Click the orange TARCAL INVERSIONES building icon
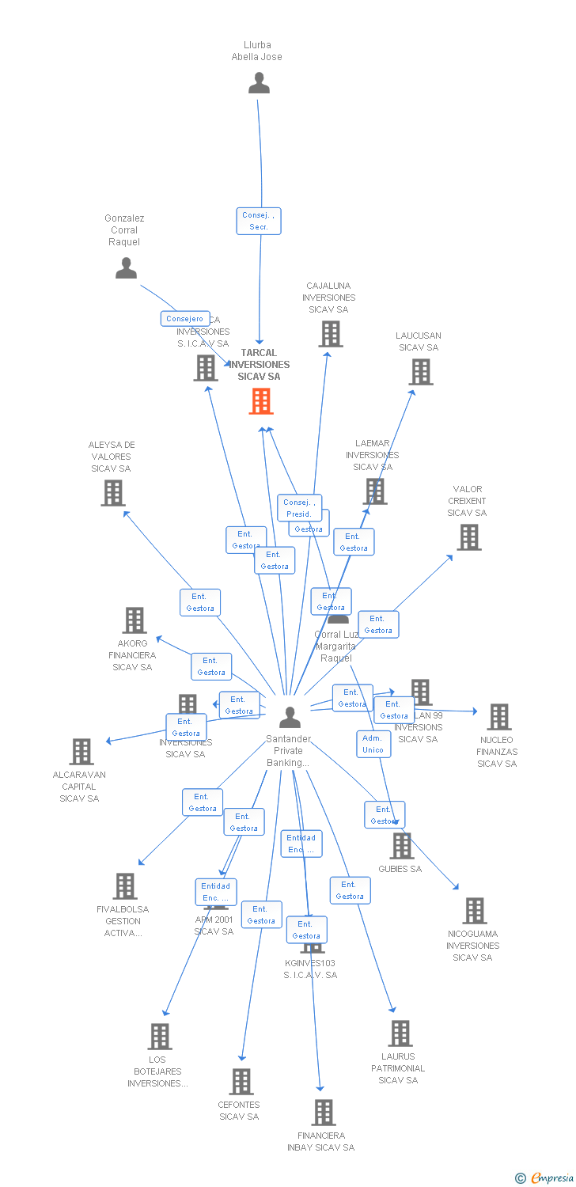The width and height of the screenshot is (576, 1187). coord(261,401)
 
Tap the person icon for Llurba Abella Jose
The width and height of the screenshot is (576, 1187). coord(259,83)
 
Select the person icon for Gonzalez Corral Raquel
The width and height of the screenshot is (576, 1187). coord(126,269)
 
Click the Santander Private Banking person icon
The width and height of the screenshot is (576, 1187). coord(290,717)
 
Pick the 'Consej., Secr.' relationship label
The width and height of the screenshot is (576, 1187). coord(259,221)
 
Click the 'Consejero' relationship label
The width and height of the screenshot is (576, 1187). coord(185,319)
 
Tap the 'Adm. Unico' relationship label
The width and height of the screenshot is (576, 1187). coord(373,744)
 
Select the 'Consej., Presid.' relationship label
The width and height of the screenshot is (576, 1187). coord(299,508)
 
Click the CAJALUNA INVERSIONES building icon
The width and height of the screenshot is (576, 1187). coord(331,334)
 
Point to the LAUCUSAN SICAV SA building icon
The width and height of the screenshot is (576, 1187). coord(421,372)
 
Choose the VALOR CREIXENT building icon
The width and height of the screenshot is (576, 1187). coord(469,537)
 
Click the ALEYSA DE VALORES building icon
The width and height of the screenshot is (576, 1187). coord(113,493)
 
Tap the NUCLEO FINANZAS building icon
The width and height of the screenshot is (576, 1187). coord(498,717)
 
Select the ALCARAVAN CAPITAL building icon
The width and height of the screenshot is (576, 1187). coord(81,752)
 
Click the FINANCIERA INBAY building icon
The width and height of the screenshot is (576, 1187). coord(323,1113)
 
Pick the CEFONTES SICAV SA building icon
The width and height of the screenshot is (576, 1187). coord(241,1082)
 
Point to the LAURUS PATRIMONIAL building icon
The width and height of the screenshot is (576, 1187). coord(400,1033)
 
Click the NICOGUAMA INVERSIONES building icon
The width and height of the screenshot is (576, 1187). coord(474,911)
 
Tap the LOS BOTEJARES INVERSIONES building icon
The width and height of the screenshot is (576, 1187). coord(160,1037)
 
